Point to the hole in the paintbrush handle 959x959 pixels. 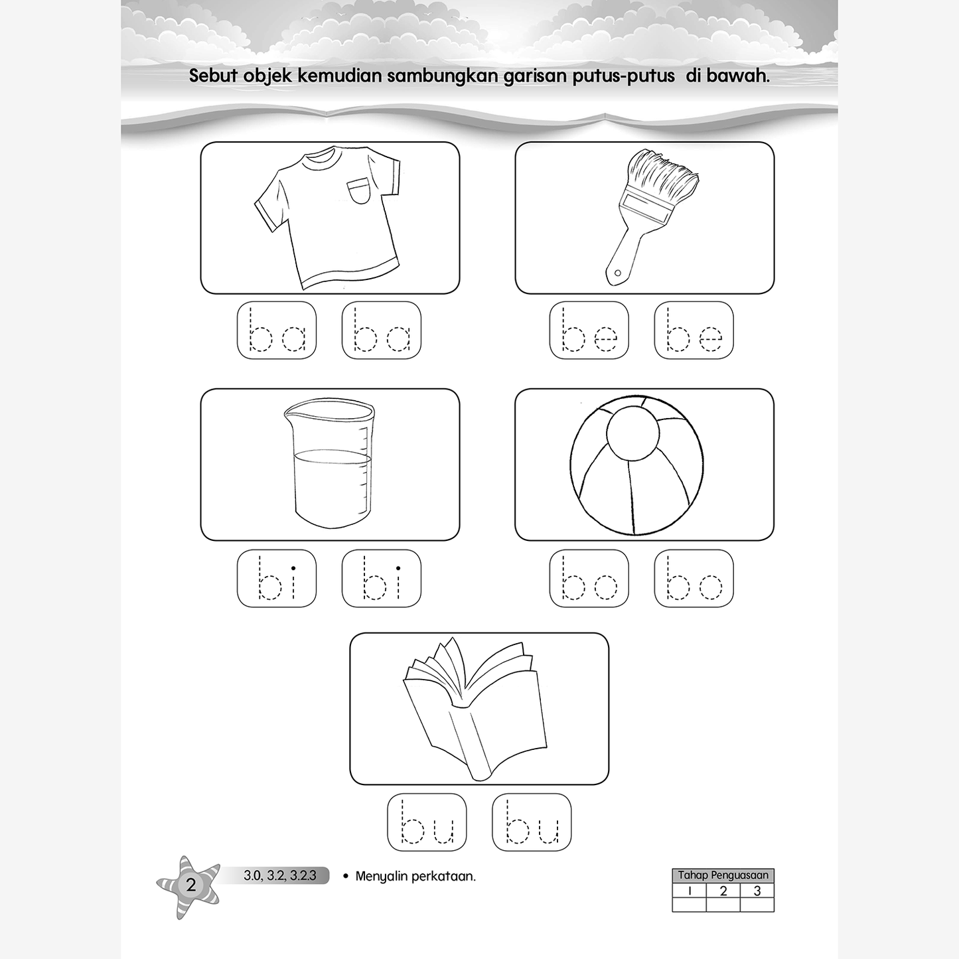(617, 273)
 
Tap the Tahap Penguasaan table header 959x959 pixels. (723, 875)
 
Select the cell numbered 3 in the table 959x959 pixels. (757, 891)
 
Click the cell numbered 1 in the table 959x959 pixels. (690, 891)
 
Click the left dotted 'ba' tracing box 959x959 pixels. (277, 330)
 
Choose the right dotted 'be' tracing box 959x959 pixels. (694, 330)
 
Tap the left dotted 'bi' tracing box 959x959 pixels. (277, 578)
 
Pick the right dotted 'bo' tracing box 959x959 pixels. (694, 578)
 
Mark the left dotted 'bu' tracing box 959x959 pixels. (427, 822)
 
